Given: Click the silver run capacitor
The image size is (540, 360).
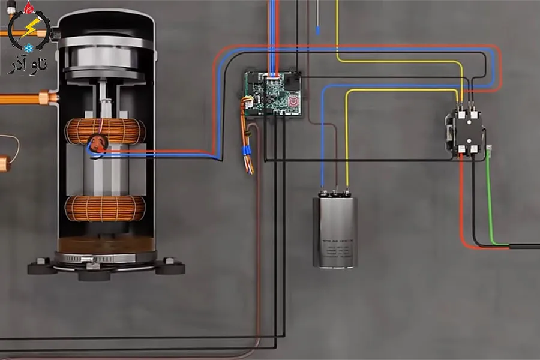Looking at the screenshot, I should click(x=335, y=231).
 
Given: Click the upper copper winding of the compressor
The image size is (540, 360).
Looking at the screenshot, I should click(x=105, y=130).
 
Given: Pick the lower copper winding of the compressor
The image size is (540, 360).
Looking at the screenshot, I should click(x=105, y=208).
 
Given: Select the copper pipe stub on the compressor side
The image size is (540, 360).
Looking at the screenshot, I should click(x=46, y=97).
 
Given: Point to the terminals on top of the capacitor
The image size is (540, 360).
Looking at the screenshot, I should click(x=335, y=193).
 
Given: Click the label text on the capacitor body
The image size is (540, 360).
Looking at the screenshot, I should click(x=335, y=247).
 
